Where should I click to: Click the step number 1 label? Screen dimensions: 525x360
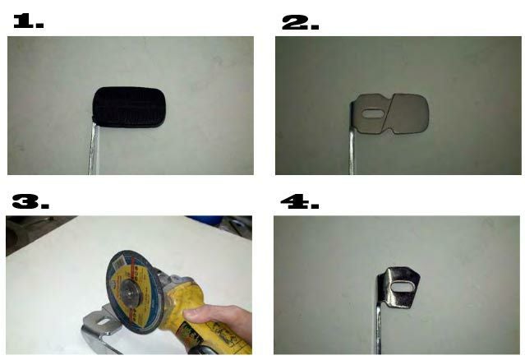point(29,21)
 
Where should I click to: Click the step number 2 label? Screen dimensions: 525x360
point(301,23)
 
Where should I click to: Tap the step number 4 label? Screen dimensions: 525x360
point(300,202)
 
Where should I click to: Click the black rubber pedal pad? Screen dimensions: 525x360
point(128,107)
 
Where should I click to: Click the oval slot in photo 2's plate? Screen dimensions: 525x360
point(373,113)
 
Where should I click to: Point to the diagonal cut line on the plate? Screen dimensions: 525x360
point(389,113)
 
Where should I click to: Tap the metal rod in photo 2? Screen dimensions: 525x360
point(352,150)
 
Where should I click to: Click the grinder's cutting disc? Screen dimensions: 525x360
point(134,292)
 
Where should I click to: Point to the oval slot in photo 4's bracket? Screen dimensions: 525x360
point(400,287)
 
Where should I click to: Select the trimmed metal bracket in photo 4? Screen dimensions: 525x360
point(399,288)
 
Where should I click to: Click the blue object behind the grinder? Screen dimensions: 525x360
point(205,219)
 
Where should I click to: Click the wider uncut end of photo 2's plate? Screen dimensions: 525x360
point(410,114)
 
